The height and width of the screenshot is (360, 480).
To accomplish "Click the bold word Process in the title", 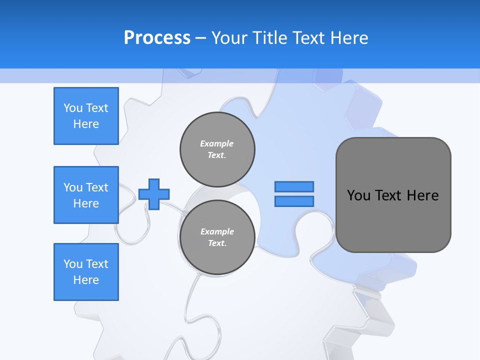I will (157, 37).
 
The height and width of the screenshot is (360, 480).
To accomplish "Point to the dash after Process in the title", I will (201, 38).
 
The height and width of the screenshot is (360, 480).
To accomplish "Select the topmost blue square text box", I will (86, 116).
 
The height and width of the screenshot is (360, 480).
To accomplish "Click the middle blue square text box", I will (86, 195).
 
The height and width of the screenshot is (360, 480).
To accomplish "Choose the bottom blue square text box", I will (86, 272).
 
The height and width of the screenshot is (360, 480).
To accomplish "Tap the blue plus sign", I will (154, 194).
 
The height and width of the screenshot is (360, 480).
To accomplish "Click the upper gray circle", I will (217, 149).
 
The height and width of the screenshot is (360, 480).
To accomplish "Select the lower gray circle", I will (217, 237).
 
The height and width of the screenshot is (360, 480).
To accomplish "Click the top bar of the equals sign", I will (294, 186).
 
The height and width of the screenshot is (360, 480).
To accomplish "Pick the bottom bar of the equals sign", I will (294, 201).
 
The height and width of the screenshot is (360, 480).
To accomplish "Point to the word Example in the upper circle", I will (217, 143).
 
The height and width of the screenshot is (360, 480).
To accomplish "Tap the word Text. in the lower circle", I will (217, 243).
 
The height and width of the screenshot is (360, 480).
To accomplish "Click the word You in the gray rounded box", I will (358, 195).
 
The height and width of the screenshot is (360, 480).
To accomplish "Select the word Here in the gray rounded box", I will (422, 195).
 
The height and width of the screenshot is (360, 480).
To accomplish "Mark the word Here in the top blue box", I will (86, 124).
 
